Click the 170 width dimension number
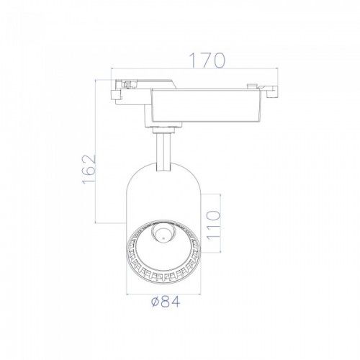pyautogui.click(x=207, y=60)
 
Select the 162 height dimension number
pyautogui.click(x=89, y=169)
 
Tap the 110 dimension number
pyautogui.click(x=213, y=225)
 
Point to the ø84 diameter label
pyautogui.click(x=166, y=302)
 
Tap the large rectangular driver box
pyautogui.click(x=205, y=106)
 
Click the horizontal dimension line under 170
pyautogui.click(x=194, y=68)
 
